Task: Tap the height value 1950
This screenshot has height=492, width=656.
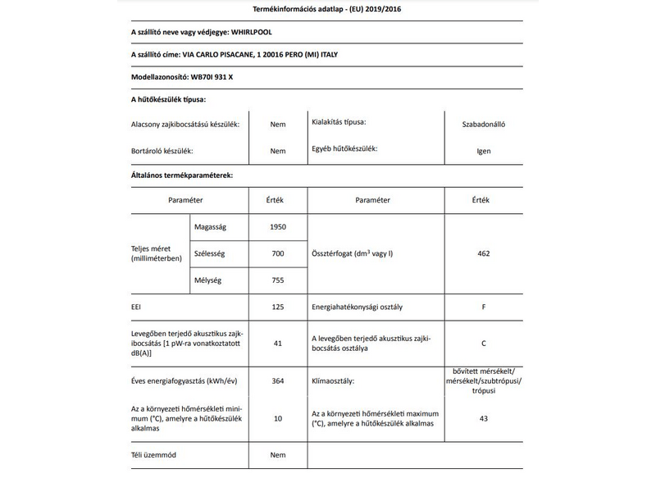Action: pyautogui.click(x=278, y=225)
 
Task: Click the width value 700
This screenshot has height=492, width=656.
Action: pyautogui.click(x=278, y=253)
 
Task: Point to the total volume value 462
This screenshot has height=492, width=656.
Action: pyautogui.click(x=483, y=253)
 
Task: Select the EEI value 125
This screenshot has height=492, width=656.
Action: pyautogui.click(x=278, y=307)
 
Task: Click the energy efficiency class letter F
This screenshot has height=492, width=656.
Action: pyautogui.click(x=483, y=307)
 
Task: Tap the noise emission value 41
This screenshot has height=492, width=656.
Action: pyautogui.click(x=278, y=343)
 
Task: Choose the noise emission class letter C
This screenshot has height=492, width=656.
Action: pyautogui.click(x=483, y=343)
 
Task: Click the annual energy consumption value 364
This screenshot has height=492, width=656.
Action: pyautogui.click(x=278, y=381)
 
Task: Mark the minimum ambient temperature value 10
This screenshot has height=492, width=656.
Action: pyautogui.click(x=278, y=419)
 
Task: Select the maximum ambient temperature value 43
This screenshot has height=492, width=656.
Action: pyautogui.click(x=483, y=419)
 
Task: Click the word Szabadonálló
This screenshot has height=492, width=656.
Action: pyautogui.click(x=483, y=125)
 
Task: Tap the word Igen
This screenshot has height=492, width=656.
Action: pyautogui.click(x=483, y=151)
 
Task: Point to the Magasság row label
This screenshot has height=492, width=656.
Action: pyautogui.click(x=212, y=225)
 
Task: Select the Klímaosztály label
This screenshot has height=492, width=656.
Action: pyautogui.click(x=337, y=381)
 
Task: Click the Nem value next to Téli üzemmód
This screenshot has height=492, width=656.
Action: pyautogui.click(x=278, y=454)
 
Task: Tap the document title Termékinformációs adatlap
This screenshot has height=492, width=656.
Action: pyautogui.click(x=282, y=9)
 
